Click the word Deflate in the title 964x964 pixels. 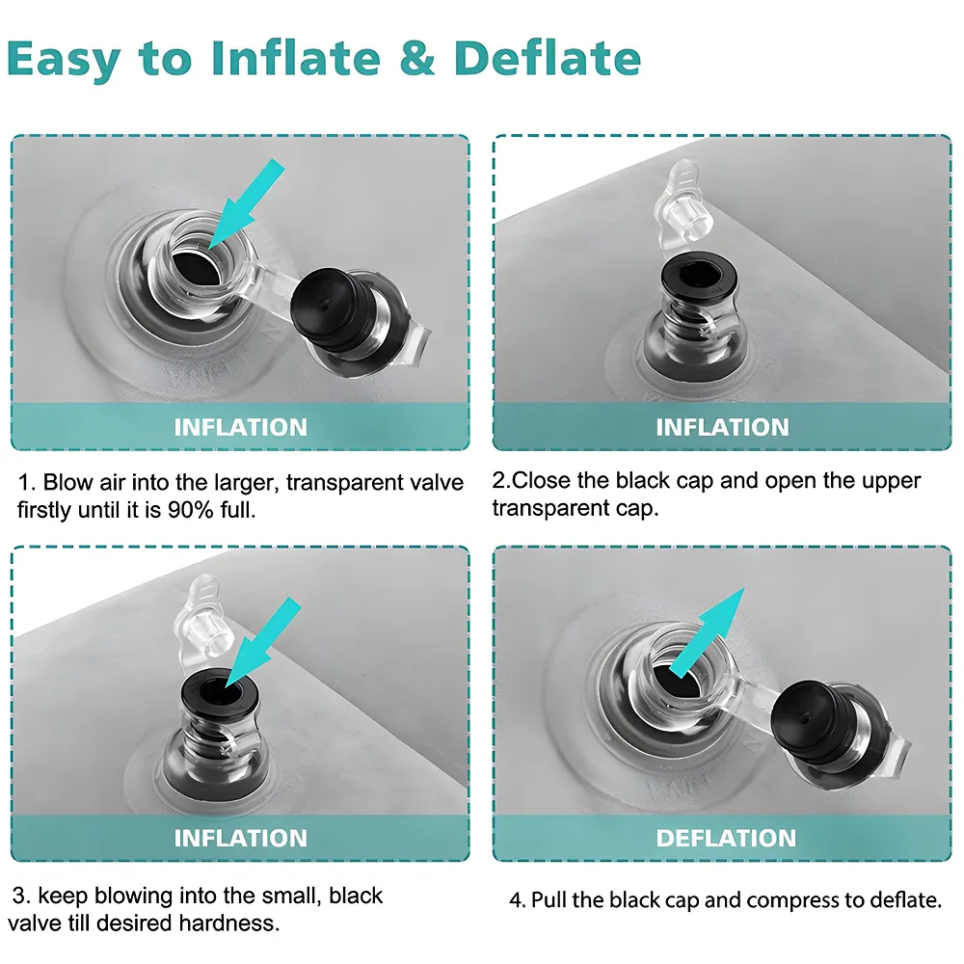548,58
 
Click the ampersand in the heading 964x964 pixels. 417,59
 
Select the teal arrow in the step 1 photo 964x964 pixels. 247,203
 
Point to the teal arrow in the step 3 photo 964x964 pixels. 263,642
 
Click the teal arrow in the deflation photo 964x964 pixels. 707,632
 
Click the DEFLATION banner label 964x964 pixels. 726,838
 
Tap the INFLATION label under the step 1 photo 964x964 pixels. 240,427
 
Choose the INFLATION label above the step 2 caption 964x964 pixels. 722,427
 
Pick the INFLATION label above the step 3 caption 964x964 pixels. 240,838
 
